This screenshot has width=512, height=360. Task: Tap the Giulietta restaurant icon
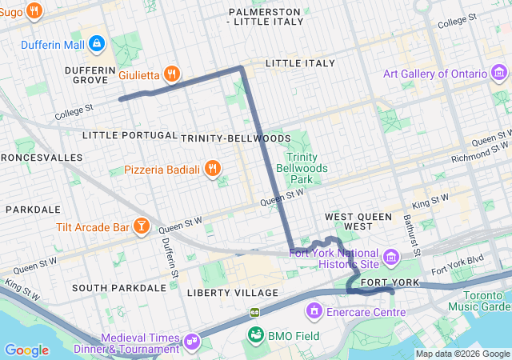pyautogui.click(x=170, y=74)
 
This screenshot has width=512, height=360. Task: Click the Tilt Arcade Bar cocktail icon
pyautogui.click(x=142, y=227)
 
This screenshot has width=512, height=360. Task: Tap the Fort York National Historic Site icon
pyautogui.click(x=390, y=257)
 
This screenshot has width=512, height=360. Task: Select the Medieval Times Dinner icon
pyautogui.click(x=192, y=342)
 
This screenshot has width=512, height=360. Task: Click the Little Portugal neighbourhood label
pyautogui.click(x=130, y=134)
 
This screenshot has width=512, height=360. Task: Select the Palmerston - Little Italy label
pyautogui.click(x=265, y=17)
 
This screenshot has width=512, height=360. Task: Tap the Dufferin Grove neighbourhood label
pyautogui.click(x=91, y=74)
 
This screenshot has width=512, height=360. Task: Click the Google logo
pyautogui.click(x=26, y=350)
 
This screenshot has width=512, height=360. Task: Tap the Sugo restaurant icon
pyautogui.click(x=34, y=11)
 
